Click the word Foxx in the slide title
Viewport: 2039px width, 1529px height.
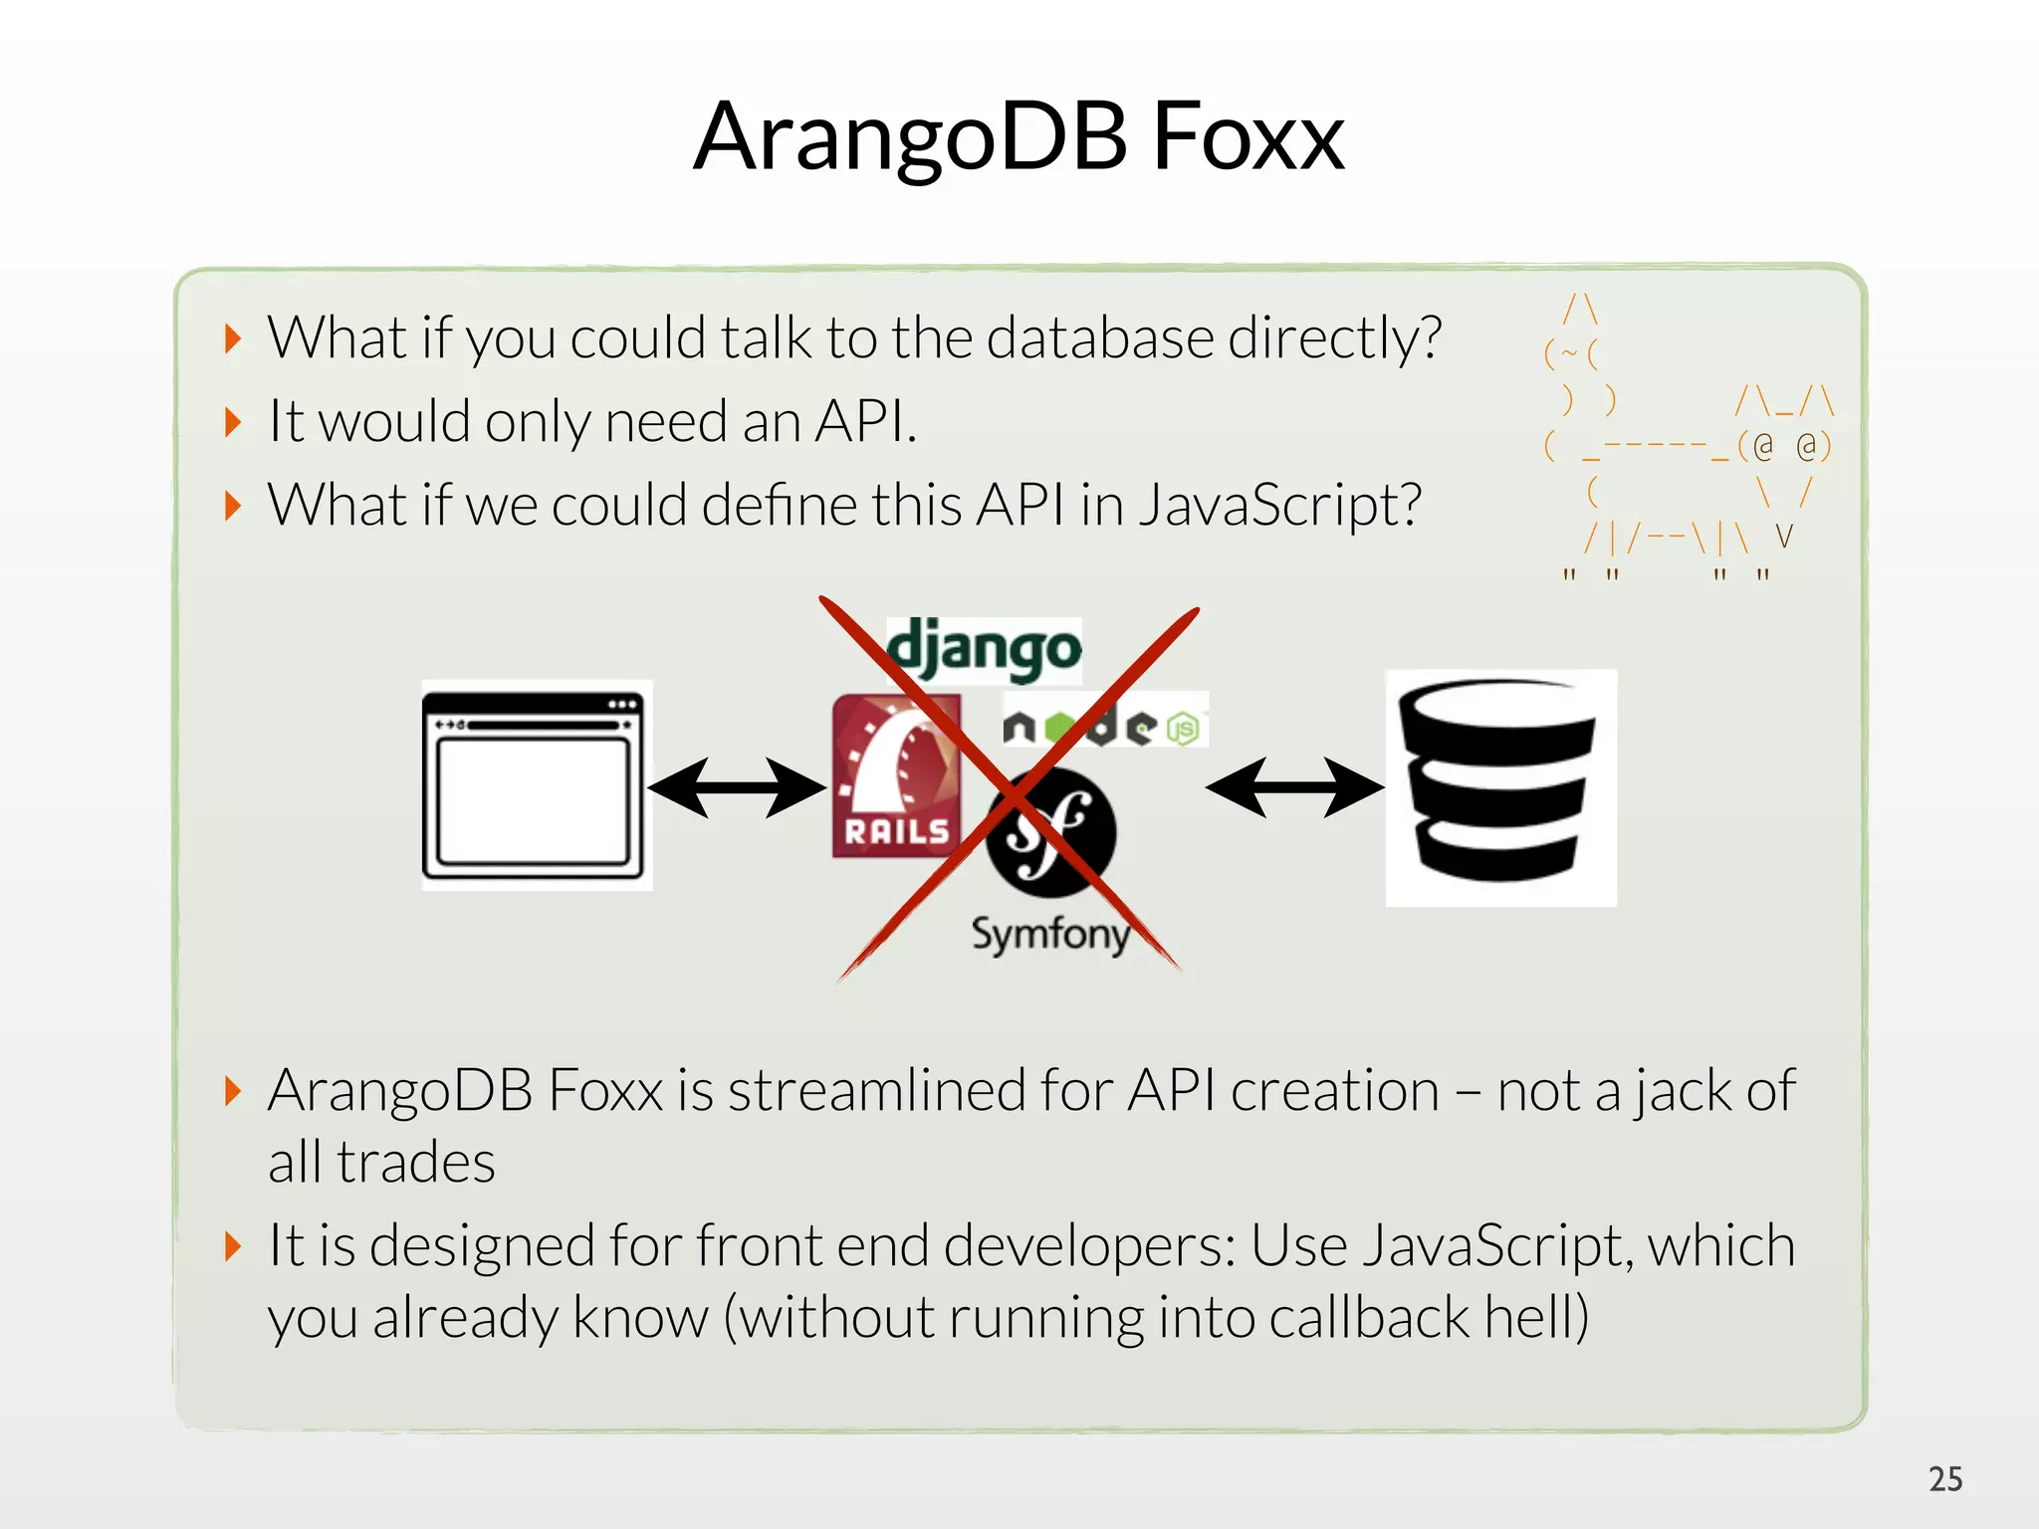point(1247,137)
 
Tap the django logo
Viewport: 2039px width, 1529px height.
point(984,649)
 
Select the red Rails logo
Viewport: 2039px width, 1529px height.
point(895,776)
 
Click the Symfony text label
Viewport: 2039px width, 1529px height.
point(1050,934)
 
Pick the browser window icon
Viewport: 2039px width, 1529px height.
point(537,785)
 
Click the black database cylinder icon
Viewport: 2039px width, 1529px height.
point(1500,786)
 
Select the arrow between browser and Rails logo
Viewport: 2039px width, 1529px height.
point(737,787)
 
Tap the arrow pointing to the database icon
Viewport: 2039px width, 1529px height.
point(1294,787)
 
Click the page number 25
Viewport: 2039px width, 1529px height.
point(1944,1479)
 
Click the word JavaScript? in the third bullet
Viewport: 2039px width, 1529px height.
point(1279,505)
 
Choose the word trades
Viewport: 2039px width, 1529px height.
point(415,1163)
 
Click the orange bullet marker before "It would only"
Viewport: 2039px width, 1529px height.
point(233,422)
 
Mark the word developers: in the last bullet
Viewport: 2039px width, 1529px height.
point(1089,1245)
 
